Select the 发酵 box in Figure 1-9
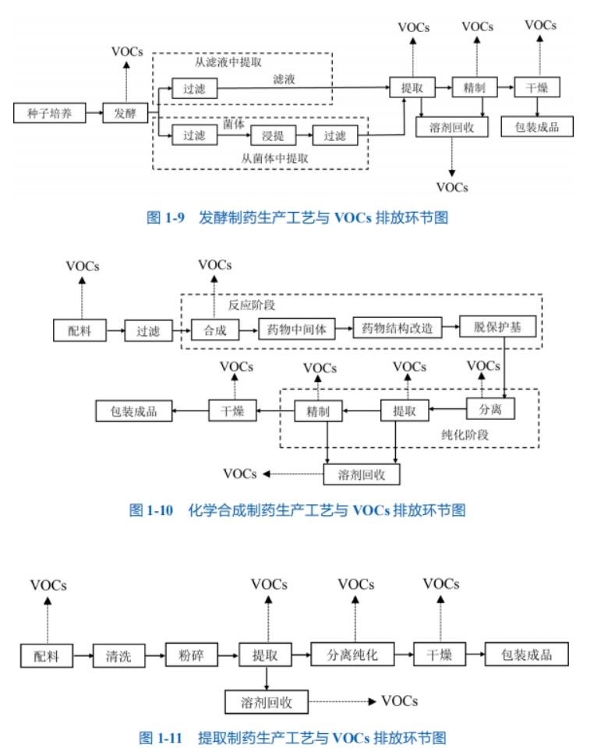[125, 113]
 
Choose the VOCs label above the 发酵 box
[127, 53]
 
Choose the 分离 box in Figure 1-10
[491, 408]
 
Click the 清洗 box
[119, 655]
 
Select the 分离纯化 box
[352, 654]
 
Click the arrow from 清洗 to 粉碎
[156, 655]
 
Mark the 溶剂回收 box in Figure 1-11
[267, 701]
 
